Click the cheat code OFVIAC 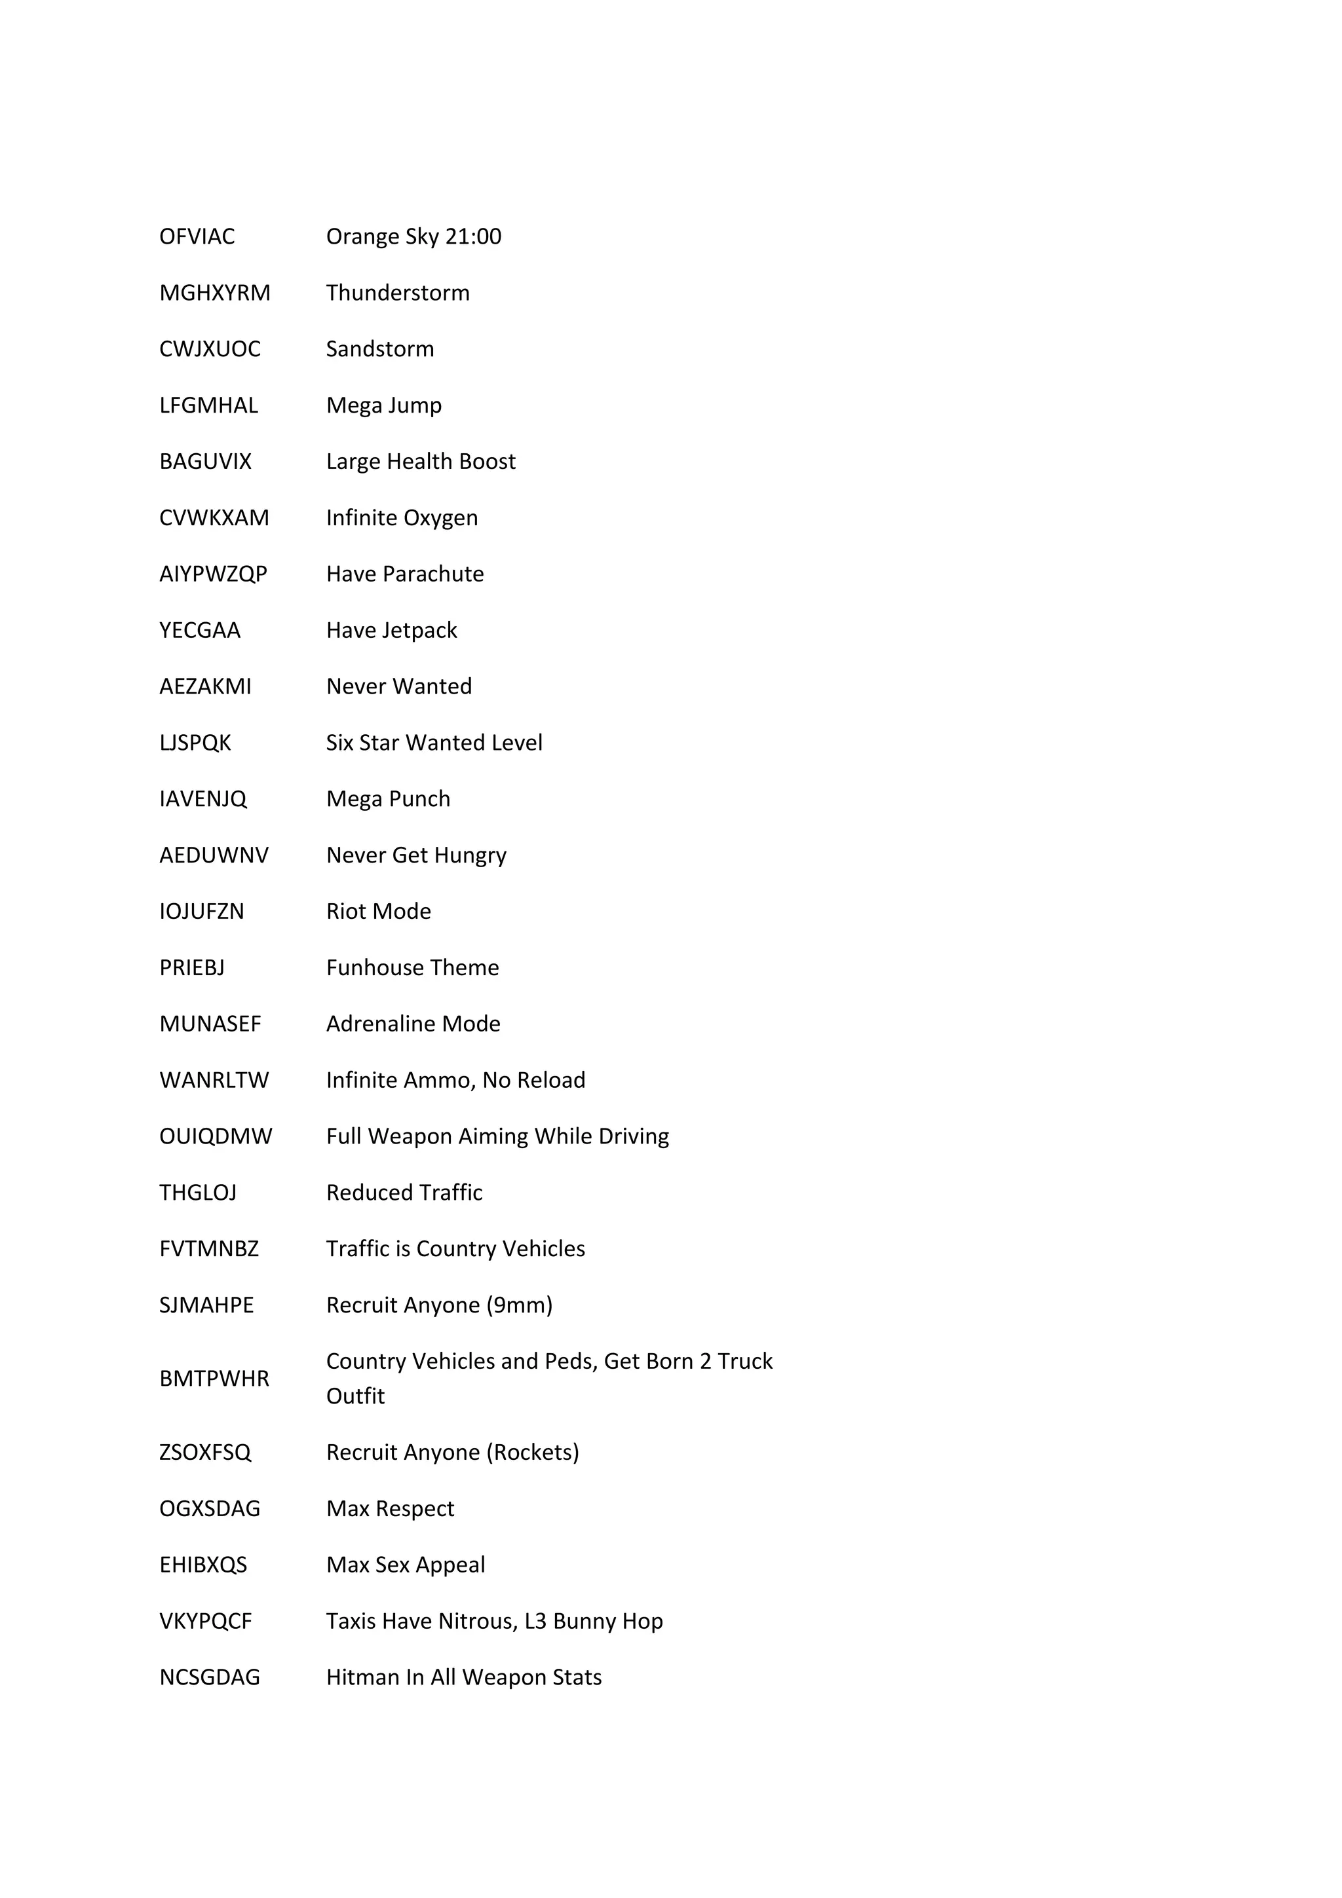[x=197, y=236]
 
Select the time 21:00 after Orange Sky [x=473, y=236]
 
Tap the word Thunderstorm [x=398, y=293]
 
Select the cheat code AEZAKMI [x=205, y=686]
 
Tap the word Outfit [x=356, y=1396]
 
